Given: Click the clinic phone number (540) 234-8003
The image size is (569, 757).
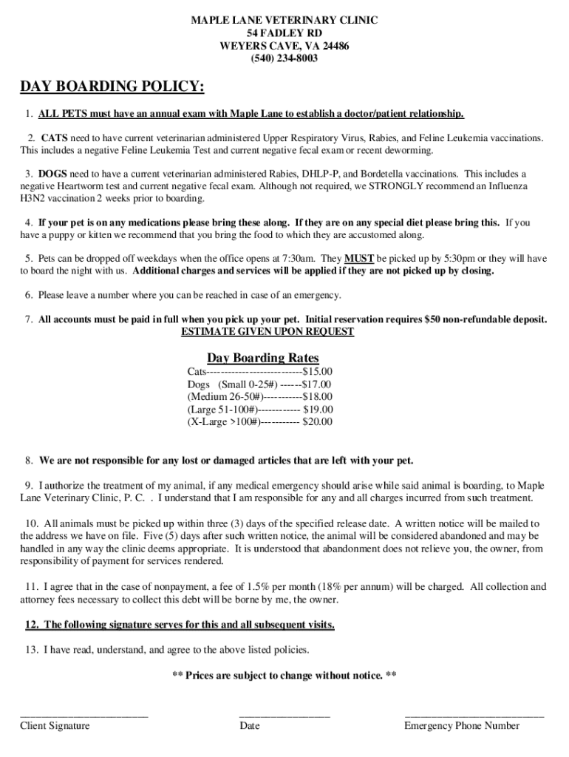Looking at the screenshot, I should click(x=284, y=58).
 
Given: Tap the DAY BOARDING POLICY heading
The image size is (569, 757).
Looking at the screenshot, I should click(x=112, y=87).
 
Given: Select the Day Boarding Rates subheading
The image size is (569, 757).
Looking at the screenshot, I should click(x=263, y=358).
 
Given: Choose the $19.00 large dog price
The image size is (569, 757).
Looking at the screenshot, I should click(x=318, y=409).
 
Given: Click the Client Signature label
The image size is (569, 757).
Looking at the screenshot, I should click(x=55, y=725).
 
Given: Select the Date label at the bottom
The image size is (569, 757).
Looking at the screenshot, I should click(x=250, y=725).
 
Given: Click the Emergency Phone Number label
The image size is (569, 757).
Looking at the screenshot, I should click(x=462, y=725).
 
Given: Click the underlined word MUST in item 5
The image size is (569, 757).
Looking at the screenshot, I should click(x=359, y=259).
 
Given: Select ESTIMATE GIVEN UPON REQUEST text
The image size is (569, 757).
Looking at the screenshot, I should click(x=268, y=332).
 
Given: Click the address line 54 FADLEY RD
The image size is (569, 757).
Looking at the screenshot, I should click(x=284, y=33).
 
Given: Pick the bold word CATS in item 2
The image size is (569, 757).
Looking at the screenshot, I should click(x=55, y=138).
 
